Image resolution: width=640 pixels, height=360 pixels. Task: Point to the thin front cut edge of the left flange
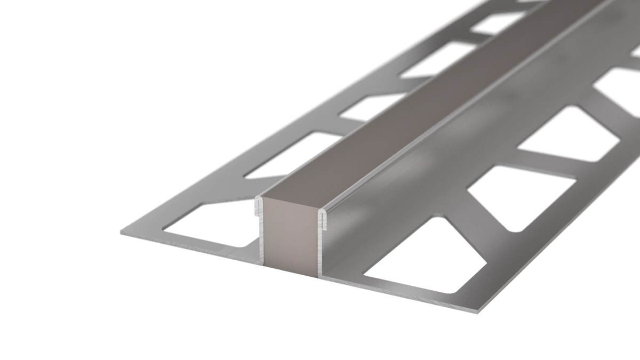[187, 248]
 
